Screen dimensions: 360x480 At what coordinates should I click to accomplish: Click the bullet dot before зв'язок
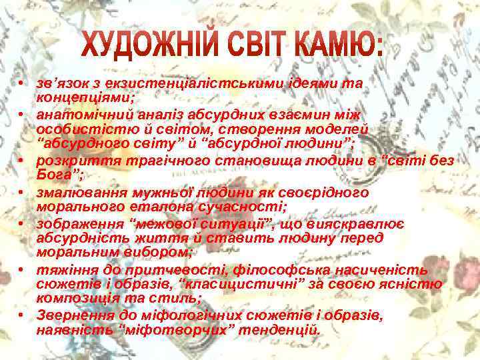(22, 84)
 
